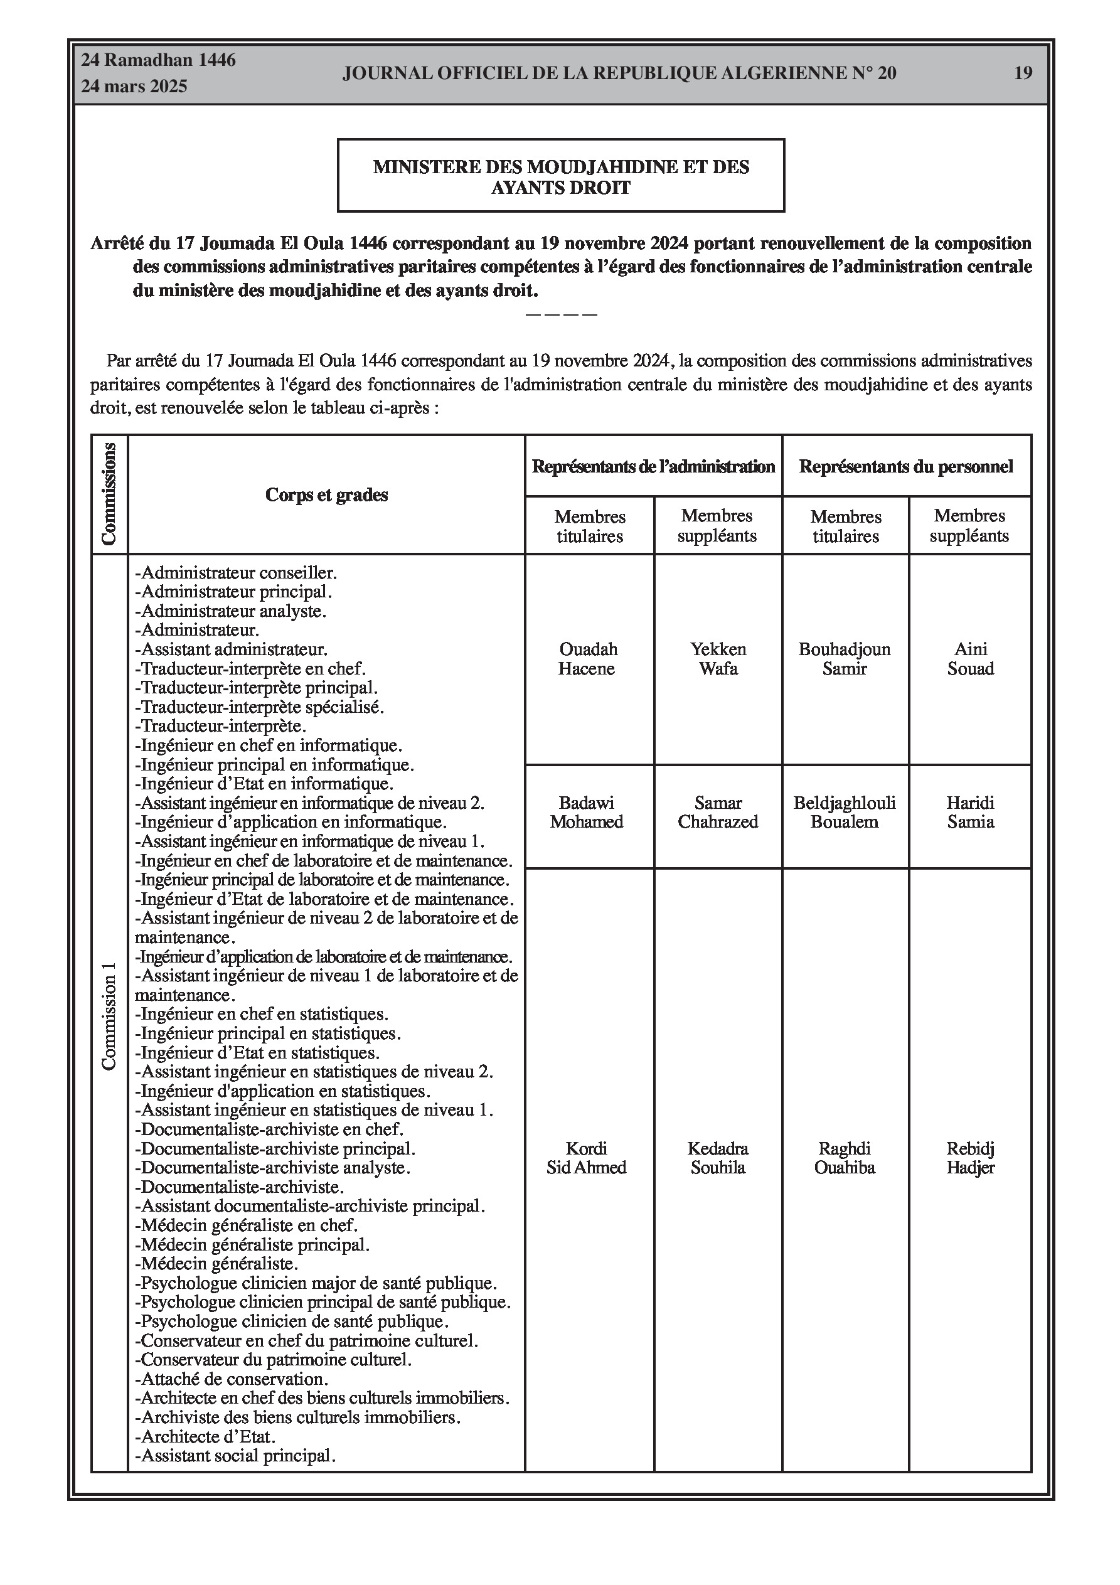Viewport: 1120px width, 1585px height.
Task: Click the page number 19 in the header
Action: coord(1023,73)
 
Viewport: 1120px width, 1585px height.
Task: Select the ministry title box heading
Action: coord(561,177)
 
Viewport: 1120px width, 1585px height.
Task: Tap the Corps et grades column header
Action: coord(327,495)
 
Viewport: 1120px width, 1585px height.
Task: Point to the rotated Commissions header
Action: coord(109,494)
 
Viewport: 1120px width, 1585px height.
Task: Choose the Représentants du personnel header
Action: coord(906,467)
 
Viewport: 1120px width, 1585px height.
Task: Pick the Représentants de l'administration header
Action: coord(653,467)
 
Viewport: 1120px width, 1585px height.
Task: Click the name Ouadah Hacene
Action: coord(588,659)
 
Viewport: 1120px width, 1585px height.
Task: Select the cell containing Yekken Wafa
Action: coord(718,659)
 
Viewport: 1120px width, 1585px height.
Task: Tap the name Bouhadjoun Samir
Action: coord(845,659)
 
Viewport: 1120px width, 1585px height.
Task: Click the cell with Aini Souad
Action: coord(970,659)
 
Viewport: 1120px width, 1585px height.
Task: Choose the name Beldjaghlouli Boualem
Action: coord(845,812)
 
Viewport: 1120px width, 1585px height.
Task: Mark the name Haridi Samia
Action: coord(970,812)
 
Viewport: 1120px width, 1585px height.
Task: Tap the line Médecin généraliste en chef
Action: coord(247,1225)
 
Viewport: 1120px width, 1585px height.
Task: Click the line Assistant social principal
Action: coord(235,1456)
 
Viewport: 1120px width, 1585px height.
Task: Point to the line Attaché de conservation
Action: coord(232,1379)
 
